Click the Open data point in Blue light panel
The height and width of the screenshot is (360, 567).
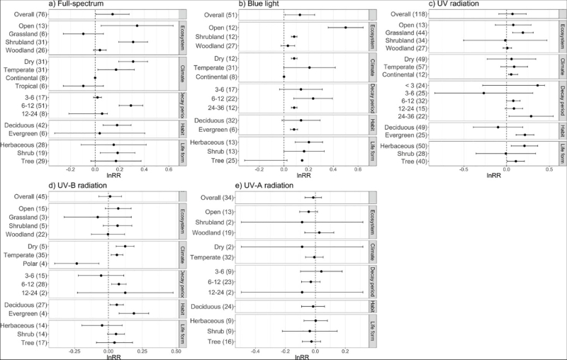coord(345,28)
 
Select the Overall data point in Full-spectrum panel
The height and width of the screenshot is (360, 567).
coord(112,14)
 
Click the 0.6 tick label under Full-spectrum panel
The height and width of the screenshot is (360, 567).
coord(169,169)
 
